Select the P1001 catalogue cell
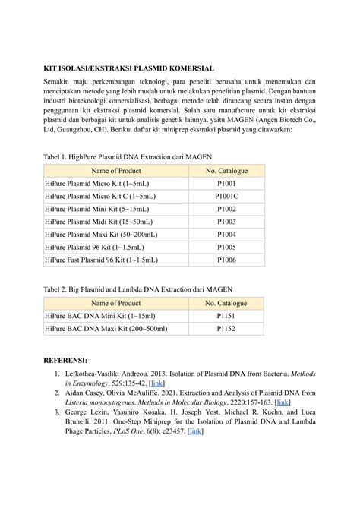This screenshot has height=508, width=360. tap(226, 184)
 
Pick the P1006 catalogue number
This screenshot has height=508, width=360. tap(226, 260)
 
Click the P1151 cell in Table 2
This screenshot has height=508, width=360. tap(226, 316)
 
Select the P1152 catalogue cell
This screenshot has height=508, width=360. tap(226, 329)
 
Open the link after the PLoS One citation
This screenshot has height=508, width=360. tap(195, 431)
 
